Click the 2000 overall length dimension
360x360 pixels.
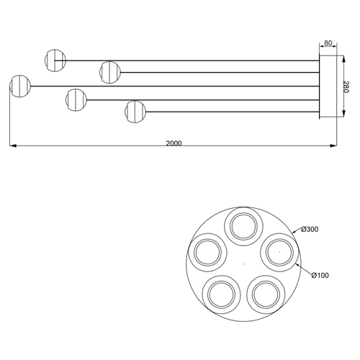point(174,143)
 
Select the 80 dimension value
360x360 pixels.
point(328,44)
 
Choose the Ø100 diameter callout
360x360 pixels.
point(321,274)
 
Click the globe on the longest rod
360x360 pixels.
point(20,86)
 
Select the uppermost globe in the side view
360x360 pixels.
point(55,60)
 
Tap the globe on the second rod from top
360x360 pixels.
point(109,72)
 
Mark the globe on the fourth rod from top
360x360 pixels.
point(75,98)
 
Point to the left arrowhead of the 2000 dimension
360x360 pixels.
point(12,147)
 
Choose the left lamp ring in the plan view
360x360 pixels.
point(208,252)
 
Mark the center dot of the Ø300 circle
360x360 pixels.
point(243,262)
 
